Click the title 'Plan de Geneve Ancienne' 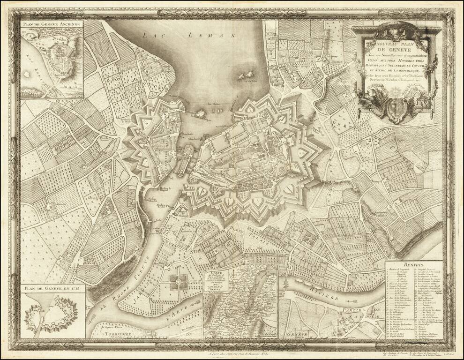[52, 23]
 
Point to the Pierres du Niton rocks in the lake [247, 75]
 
